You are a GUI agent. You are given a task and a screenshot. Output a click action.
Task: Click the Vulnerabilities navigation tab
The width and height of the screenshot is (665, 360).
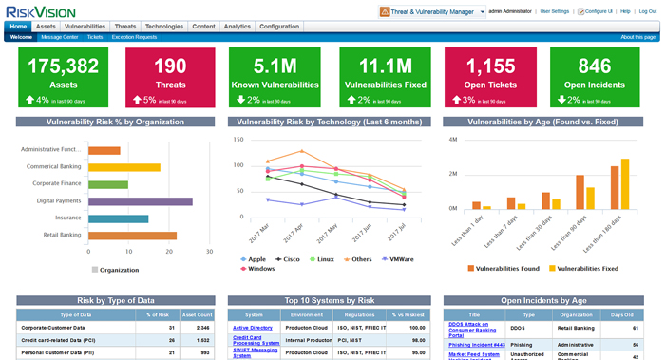click(85, 27)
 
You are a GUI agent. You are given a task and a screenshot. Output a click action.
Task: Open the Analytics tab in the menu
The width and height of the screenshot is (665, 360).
click(237, 27)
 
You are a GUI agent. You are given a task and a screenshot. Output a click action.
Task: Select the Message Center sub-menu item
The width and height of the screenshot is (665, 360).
click(60, 37)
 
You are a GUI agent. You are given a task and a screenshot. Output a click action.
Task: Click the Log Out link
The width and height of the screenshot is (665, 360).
click(647, 11)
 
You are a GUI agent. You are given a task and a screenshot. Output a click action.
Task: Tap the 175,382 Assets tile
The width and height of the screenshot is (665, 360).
click(64, 71)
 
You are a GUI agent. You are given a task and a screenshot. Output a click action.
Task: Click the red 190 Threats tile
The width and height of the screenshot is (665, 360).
click(170, 71)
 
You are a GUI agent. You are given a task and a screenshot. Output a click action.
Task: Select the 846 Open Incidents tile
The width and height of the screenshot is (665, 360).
click(594, 71)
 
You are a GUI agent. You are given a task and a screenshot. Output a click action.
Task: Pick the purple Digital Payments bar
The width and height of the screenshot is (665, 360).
click(141, 201)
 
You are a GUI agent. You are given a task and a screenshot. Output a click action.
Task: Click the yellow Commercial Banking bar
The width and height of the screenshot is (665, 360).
click(124, 167)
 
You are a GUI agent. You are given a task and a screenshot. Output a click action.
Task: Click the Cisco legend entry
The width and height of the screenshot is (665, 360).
click(291, 258)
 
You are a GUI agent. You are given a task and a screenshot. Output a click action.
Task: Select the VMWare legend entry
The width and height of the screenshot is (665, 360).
click(399, 258)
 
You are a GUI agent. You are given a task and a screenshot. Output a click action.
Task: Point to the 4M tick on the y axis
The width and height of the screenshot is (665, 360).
click(452, 140)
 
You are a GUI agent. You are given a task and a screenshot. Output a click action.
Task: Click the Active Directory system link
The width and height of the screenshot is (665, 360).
click(253, 327)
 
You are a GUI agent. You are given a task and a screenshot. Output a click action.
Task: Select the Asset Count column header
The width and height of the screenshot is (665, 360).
click(197, 313)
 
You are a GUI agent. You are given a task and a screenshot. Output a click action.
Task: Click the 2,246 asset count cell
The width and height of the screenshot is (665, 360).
click(202, 327)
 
